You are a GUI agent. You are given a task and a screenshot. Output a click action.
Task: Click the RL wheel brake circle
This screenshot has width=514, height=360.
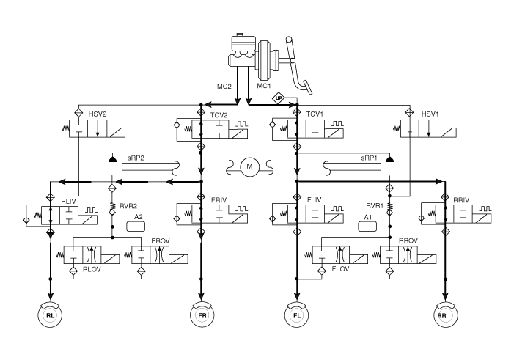click(50, 315)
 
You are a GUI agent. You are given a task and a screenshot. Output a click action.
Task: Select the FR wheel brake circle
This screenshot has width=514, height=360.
click(202, 315)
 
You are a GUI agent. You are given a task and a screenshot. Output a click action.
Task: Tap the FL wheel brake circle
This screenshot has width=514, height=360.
click(297, 315)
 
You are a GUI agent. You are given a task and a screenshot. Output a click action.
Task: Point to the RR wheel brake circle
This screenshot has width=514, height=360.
click(445, 315)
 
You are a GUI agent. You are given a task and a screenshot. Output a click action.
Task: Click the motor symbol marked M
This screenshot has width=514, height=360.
click(250, 166)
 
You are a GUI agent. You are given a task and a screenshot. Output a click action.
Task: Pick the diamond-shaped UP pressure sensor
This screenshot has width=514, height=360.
click(279, 98)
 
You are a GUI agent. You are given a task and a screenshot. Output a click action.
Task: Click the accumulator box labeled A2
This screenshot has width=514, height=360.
click(136, 227)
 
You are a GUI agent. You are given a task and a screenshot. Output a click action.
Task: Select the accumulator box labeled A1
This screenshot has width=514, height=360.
click(367, 227)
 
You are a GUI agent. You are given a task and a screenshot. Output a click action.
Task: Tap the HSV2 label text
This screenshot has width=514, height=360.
click(98, 114)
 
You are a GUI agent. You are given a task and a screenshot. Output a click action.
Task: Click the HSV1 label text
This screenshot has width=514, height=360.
click(430, 114)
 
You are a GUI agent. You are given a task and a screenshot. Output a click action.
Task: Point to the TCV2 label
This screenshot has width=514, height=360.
click(219, 115)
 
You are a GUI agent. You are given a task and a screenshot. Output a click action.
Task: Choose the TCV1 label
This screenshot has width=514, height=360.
click(315, 114)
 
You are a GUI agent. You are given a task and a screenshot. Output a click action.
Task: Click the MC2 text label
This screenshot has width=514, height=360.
click(224, 87)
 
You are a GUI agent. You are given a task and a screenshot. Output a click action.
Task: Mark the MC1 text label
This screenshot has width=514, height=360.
click(264, 86)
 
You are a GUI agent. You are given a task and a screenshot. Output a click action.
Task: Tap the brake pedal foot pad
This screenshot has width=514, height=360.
click(307, 87)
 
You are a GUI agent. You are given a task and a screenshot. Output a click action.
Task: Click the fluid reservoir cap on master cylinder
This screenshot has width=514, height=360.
click(240, 34)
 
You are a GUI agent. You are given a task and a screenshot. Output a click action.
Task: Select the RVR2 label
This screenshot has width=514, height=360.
click(128, 206)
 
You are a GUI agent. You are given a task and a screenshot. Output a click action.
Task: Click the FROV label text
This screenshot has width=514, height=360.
click(161, 241)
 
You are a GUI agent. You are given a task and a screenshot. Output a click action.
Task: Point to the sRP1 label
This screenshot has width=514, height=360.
click(369, 158)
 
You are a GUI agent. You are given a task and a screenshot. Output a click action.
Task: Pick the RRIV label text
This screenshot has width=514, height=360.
click(461, 199)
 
